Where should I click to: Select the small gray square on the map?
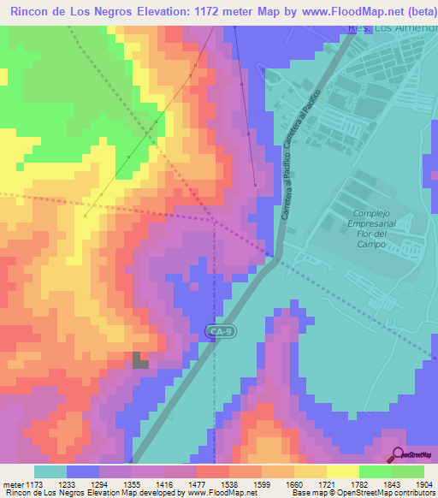[x=139, y=359]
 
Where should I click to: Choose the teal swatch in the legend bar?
[x=50, y=471]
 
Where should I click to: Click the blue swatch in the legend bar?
[x=83, y=471]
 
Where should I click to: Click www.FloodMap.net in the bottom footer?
[x=221, y=493]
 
